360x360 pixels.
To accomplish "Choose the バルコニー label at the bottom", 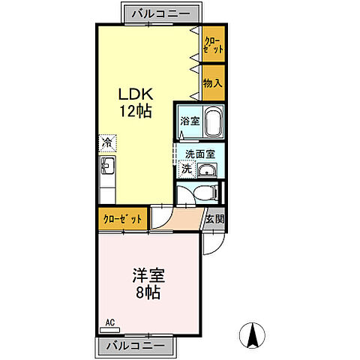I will pyautogui.click(x=135, y=346).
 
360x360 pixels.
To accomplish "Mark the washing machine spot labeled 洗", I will pyautogui.click(x=185, y=169).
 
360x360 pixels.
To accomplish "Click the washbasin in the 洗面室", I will pyautogui.click(x=208, y=171).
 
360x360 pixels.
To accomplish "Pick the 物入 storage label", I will pyautogui.click(x=212, y=82).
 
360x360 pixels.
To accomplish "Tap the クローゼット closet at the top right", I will pyautogui.click(x=212, y=43).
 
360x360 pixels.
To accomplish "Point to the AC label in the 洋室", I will pyautogui.click(x=109, y=324).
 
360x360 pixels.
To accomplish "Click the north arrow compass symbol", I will pyautogui.click(x=253, y=335).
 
